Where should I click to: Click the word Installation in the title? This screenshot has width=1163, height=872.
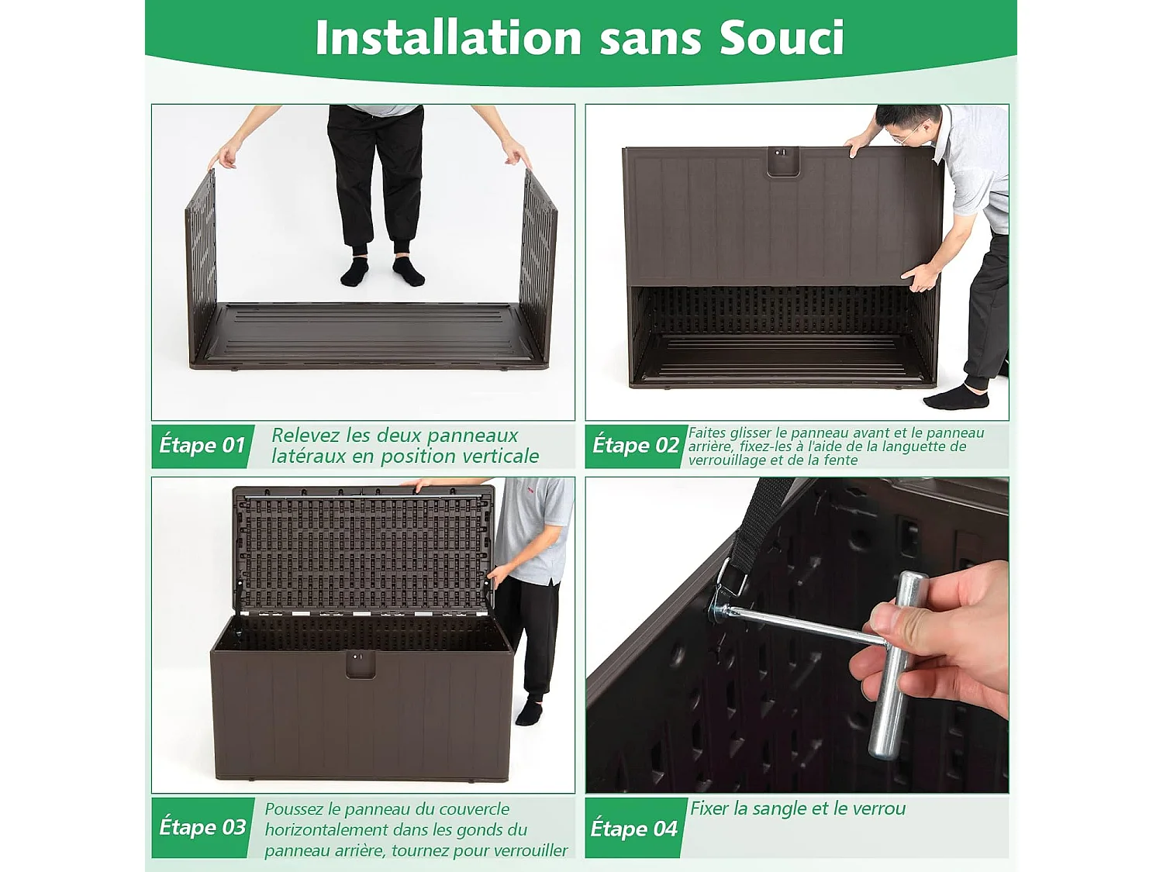point(448,37)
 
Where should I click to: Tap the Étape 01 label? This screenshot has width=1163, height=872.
point(202,446)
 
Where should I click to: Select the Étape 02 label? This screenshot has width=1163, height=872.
point(636,446)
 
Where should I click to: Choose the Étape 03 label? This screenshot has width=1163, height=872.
point(202,828)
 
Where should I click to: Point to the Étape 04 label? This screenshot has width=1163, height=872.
point(634,829)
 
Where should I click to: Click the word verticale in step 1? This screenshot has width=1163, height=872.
point(499,457)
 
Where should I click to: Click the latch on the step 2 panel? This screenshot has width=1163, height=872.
point(782,160)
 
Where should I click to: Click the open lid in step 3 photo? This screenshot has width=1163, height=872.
point(363,550)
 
